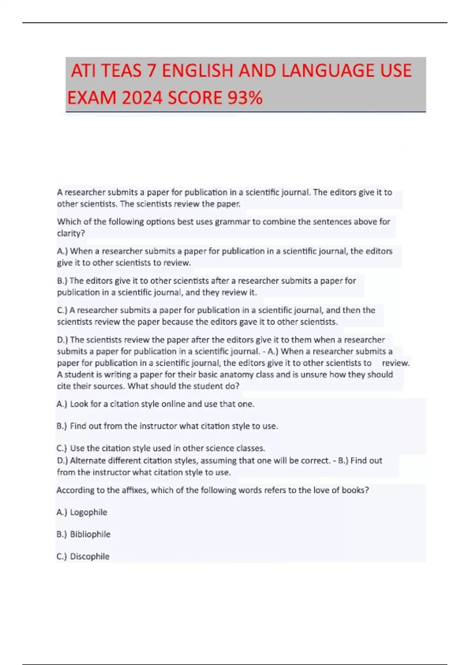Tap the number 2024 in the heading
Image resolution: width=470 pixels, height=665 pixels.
pyautogui.click(x=142, y=98)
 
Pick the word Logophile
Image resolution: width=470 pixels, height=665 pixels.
pyautogui.click(x=89, y=512)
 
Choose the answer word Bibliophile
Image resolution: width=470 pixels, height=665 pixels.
pyautogui.click(x=90, y=534)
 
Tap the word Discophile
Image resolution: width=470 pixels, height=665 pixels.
pyautogui.click(x=90, y=556)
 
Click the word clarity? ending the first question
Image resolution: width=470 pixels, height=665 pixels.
pyautogui.click(x=71, y=234)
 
